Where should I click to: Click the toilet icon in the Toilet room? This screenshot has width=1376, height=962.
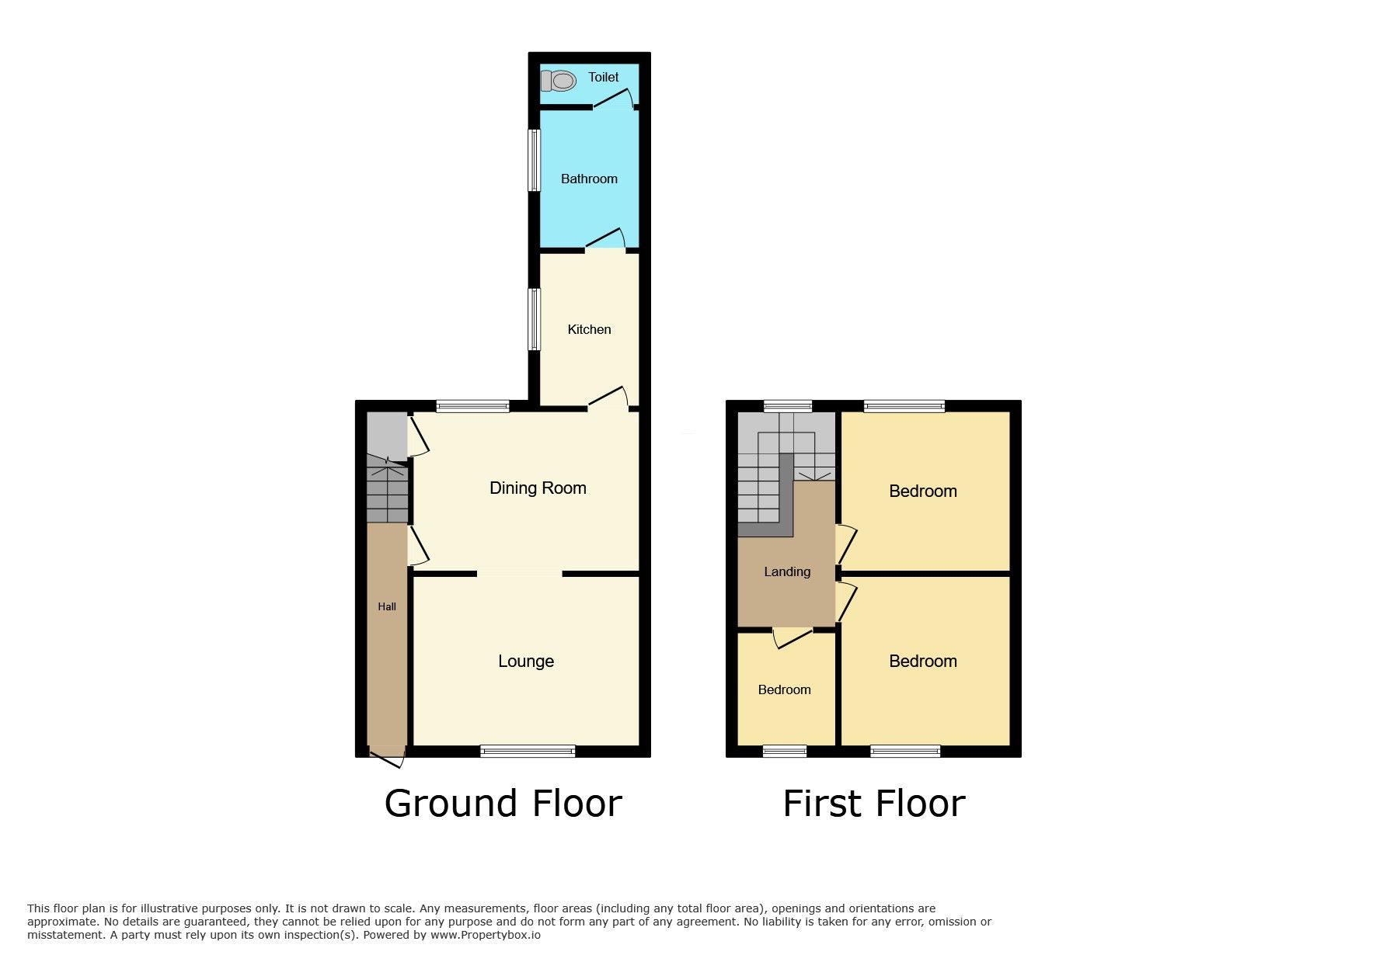tap(558, 81)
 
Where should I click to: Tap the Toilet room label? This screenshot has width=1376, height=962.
tap(604, 77)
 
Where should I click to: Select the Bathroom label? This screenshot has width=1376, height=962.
tap(589, 179)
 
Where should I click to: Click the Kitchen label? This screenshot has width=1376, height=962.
tap(589, 329)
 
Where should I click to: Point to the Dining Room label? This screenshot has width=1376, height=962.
tap(538, 488)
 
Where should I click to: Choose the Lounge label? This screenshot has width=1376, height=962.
tap(526, 661)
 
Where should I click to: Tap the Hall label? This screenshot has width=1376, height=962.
tap(387, 606)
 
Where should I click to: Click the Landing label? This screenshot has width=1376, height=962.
tap(787, 571)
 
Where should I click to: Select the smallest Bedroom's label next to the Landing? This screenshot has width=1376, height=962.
tap(785, 689)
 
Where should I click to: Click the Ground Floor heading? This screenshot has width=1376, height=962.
tap(503, 803)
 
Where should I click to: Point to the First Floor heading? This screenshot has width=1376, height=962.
tap(874, 803)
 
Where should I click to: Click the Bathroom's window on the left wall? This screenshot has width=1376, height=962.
tap(534, 160)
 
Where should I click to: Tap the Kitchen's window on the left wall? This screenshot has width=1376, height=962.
tap(534, 319)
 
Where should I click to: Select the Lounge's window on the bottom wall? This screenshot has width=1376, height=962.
tap(528, 751)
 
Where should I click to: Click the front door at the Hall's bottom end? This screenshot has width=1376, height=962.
tap(387, 757)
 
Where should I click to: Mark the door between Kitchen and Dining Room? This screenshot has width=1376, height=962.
tap(608, 398)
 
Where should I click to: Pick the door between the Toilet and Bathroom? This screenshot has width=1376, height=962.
tap(614, 99)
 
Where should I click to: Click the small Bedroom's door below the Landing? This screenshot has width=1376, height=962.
tap(792, 637)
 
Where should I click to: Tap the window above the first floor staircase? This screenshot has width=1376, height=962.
tap(788, 405)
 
